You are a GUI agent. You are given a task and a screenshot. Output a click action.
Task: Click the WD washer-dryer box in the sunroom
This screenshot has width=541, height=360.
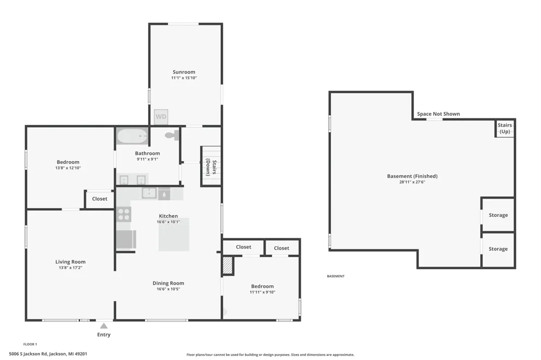(161, 117)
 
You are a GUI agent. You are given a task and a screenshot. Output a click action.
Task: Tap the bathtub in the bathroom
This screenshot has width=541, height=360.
(132, 136)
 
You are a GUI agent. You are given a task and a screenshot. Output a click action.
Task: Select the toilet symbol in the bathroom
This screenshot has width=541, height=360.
(172, 135)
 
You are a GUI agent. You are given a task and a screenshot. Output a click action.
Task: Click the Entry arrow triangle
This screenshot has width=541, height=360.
(104, 326)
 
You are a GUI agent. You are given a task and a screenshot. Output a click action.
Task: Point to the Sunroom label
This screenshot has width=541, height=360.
(184, 72)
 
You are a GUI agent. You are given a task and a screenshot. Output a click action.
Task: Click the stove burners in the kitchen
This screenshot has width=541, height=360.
(124, 214)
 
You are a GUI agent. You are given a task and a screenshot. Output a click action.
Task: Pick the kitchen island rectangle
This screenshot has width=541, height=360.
(174, 235)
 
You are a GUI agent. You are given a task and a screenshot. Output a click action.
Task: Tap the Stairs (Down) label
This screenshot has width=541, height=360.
(211, 167)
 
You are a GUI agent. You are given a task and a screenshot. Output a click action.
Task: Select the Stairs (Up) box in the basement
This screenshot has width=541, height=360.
(505, 128)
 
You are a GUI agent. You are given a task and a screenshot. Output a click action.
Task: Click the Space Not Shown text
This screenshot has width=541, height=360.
(438, 114)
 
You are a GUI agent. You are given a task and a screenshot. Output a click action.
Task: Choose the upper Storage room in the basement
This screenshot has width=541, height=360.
(498, 215)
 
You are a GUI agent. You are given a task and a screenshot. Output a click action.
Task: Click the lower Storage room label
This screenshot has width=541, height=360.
(498, 249)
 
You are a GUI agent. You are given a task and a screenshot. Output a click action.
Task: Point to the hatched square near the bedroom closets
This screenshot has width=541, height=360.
(228, 265)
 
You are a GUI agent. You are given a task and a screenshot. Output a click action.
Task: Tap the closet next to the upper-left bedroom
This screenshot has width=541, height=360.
(100, 199)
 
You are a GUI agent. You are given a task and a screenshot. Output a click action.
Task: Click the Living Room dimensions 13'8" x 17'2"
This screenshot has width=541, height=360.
(70, 268)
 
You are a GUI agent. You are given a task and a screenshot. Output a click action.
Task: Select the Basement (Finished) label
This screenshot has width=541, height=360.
(412, 176)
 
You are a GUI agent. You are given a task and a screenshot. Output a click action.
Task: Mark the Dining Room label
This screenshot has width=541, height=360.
(168, 283)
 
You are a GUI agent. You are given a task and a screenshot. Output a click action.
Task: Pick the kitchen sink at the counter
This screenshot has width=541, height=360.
(149, 193)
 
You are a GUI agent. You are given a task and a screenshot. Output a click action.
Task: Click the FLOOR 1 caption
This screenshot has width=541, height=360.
(30, 344)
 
